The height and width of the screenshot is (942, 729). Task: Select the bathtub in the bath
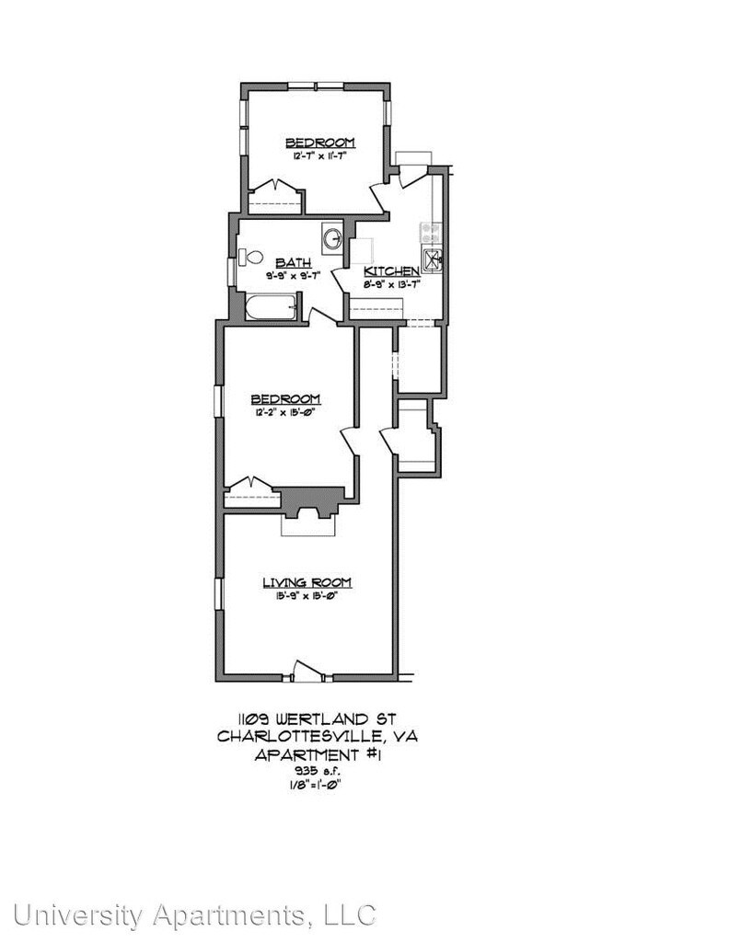(271, 307)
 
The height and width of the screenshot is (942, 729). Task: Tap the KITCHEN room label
(392, 270)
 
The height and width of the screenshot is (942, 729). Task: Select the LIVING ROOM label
(307, 582)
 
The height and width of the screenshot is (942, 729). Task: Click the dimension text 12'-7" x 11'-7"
(319, 156)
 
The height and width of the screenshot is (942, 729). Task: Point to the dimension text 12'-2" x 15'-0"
(285, 412)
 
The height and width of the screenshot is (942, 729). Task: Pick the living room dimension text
(307, 596)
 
